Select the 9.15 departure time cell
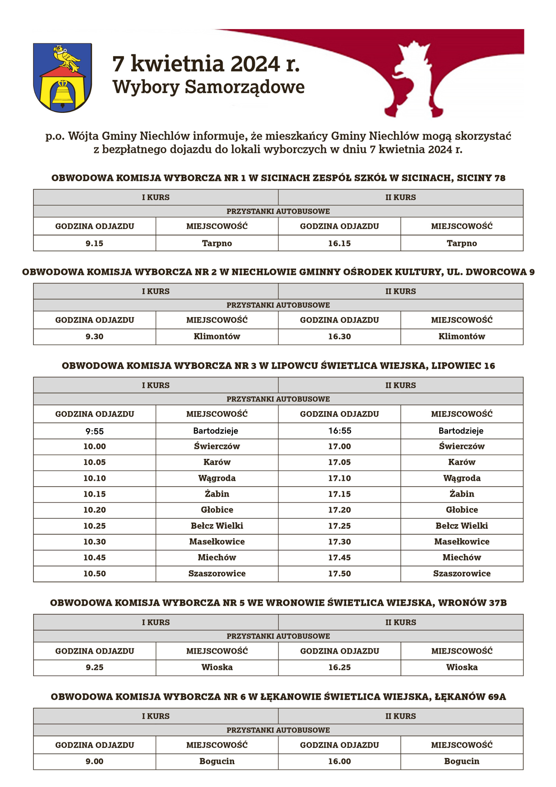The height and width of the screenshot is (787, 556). click(x=94, y=243)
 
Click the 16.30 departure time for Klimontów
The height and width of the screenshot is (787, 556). click(x=339, y=337)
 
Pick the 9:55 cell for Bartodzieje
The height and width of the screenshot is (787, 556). click(x=94, y=431)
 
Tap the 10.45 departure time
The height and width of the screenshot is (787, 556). click(x=94, y=557)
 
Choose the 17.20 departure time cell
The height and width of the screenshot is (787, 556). click(x=339, y=510)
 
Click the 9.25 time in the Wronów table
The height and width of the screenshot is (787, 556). click(x=94, y=667)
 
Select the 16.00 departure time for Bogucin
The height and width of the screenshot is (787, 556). click(x=339, y=761)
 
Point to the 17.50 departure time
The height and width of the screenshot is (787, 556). click(x=339, y=574)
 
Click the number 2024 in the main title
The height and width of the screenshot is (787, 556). click(x=255, y=64)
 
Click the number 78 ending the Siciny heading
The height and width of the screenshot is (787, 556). click(x=500, y=178)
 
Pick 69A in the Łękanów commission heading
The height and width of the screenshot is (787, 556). click(x=497, y=697)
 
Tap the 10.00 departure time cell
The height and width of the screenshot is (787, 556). click(x=94, y=446)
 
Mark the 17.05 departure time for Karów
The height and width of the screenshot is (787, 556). click(x=339, y=462)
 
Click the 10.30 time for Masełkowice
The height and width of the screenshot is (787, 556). click(x=94, y=542)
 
